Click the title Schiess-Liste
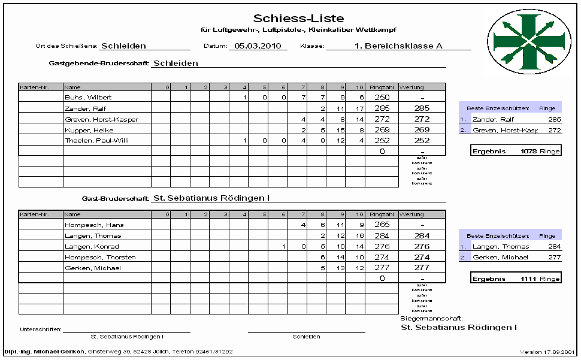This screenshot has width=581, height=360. coord(298,19)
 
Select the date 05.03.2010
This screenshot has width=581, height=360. coord(258,46)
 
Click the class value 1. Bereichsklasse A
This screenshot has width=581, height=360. coord(389,46)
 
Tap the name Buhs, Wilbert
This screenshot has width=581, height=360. coord(88,97)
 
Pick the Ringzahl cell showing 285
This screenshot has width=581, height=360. coord(382,108)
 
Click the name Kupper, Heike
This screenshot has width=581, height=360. coord(89,130)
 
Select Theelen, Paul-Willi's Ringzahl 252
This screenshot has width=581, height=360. coord(382,141)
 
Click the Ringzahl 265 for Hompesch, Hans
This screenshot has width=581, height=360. coord(382,225)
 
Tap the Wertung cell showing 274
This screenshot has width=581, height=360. coord(422,258)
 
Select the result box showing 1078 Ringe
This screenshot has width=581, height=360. coord(516,151)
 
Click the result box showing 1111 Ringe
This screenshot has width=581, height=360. coord(516,279)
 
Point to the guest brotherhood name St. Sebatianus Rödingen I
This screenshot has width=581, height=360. coord(211,197)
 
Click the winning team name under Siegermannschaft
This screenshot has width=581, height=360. coord(458,328)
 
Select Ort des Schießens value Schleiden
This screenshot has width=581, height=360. coord(123,46)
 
